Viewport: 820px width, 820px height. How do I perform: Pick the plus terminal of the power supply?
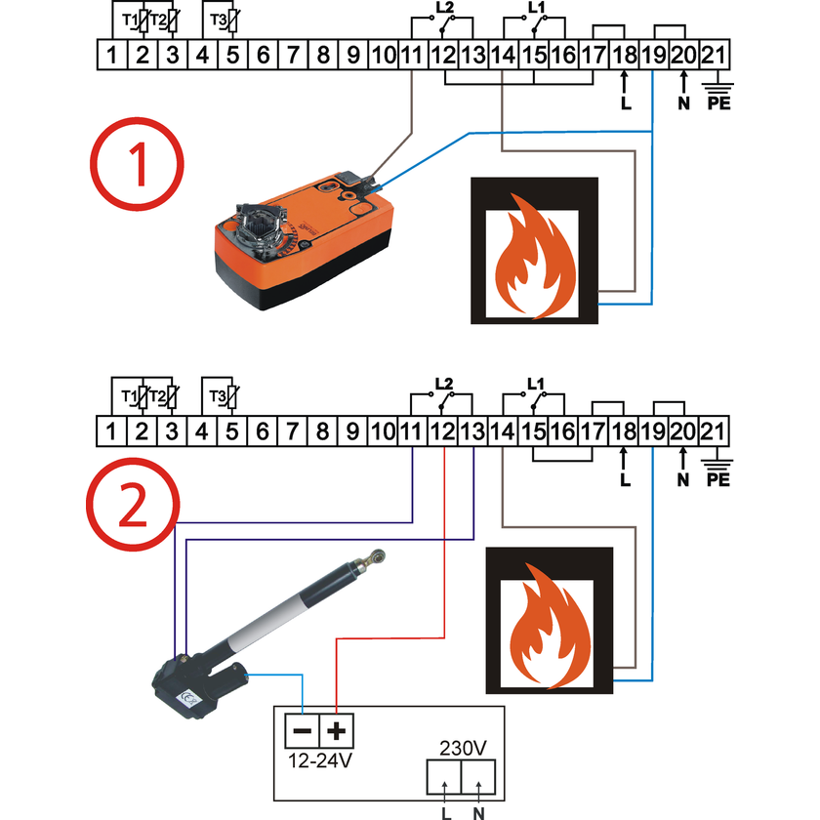click(x=338, y=731)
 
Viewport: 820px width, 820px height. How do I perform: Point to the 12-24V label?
click(x=320, y=759)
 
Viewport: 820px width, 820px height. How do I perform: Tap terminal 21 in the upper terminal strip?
click(x=714, y=55)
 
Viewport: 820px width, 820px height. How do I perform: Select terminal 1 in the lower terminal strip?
click(x=112, y=430)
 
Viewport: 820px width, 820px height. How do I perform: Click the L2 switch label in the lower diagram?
click(x=443, y=383)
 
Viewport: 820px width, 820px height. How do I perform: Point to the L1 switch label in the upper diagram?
click(x=535, y=8)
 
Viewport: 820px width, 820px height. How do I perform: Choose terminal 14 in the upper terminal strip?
click(x=503, y=55)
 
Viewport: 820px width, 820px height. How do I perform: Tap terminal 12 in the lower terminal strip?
click(x=442, y=430)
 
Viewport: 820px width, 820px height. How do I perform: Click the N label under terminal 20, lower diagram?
click(x=683, y=479)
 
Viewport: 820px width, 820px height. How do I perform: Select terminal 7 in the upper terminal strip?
click(x=293, y=55)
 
